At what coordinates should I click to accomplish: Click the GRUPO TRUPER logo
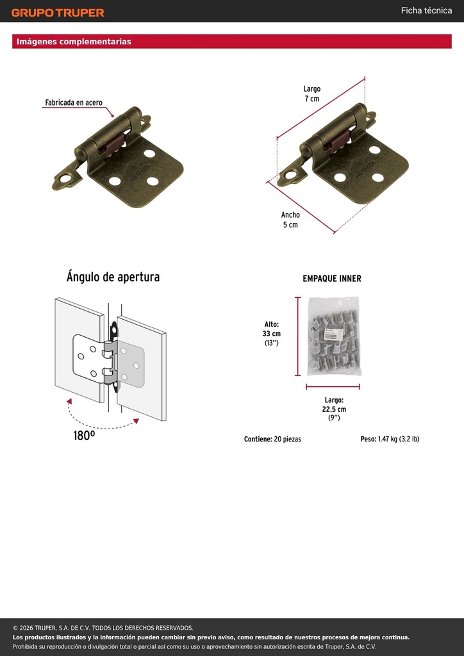pyautogui.click(x=58, y=13)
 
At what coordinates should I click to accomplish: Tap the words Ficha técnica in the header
pyautogui.click(x=426, y=10)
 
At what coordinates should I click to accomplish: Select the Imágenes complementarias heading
pyautogui.click(x=74, y=42)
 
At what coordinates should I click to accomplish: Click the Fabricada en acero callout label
pyautogui.click(x=74, y=102)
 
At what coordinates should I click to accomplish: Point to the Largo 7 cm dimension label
pyautogui.click(x=311, y=94)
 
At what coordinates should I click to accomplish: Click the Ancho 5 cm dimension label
pyautogui.click(x=290, y=220)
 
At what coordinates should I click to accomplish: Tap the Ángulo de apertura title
pyautogui.click(x=113, y=277)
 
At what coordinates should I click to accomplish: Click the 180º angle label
pyautogui.click(x=84, y=436)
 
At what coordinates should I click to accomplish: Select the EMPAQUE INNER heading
pyautogui.click(x=332, y=279)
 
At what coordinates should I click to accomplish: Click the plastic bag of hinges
pyautogui.click(x=333, y=336)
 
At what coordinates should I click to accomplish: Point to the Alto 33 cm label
pyautogui.click(x=272, y=333)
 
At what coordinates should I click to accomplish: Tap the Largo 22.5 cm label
pyautogui.click(x=334, y=409)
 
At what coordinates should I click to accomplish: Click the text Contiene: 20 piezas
pyautogui.click(x=272, y=439)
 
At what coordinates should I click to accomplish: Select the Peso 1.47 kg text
pyautogui.click(x=390, y=439)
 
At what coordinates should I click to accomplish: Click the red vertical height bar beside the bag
pyautogui.click(x=298, y=336)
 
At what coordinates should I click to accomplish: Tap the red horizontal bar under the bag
pyautogui.click(x=333, y=387)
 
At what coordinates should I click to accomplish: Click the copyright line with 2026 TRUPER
pyautogui.click(x=103, y=628)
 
